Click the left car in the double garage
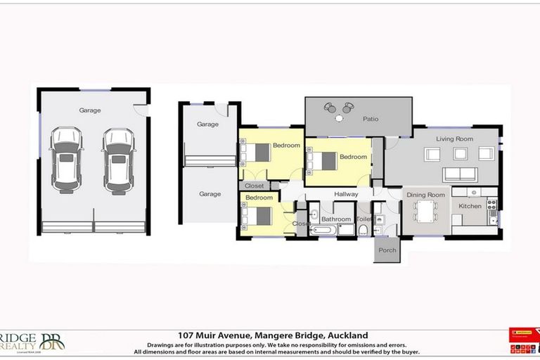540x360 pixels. [66, 160]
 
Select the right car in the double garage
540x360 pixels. [117, 160]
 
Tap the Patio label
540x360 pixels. [371, 119]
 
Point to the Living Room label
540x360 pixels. [454, 139]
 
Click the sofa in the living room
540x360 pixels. [459, 174]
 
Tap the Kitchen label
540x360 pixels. [470, 206]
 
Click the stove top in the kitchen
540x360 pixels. [491, 205]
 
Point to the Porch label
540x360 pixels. [387, 250]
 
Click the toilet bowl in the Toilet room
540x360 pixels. [363, 229]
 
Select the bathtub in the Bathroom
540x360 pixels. [323, 230]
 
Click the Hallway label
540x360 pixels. [346, 194]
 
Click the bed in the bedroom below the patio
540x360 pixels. [323, 160]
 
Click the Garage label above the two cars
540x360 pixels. [90, 110]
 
